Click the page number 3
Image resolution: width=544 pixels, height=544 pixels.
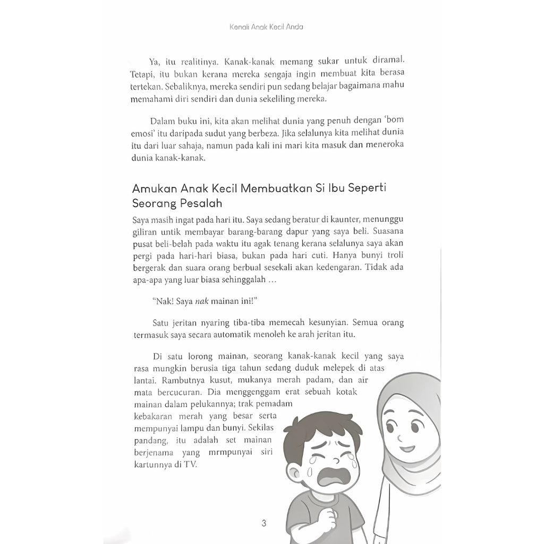point(264,523)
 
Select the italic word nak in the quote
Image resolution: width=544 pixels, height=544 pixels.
point(200,300)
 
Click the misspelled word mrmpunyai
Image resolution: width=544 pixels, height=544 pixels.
point(240,452)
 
